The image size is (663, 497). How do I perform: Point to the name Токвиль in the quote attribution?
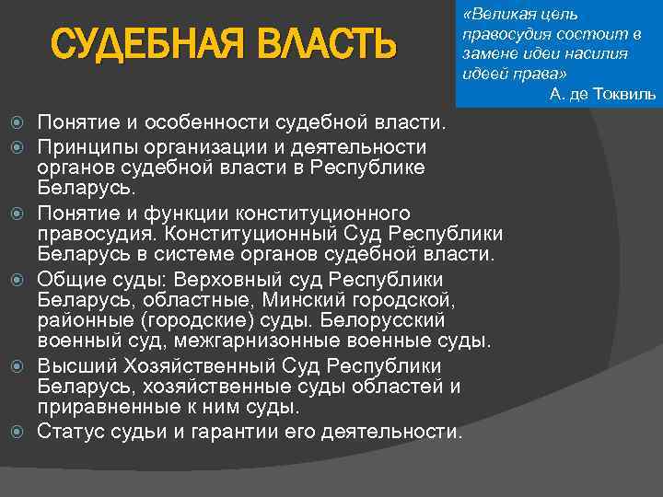(x=625, y=94)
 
